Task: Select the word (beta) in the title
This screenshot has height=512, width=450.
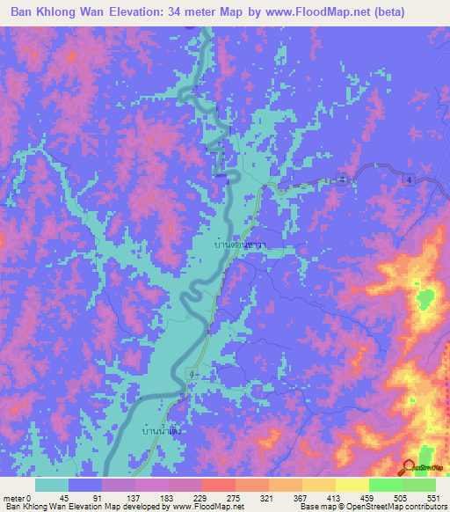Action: (417, 12)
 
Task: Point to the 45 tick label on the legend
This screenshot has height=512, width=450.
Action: (76, 497)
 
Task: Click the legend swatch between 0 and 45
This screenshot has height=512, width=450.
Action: (52, 485)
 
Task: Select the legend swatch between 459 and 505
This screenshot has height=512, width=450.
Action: (386, 485)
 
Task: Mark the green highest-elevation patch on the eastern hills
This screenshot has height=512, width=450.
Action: (428, 300)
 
